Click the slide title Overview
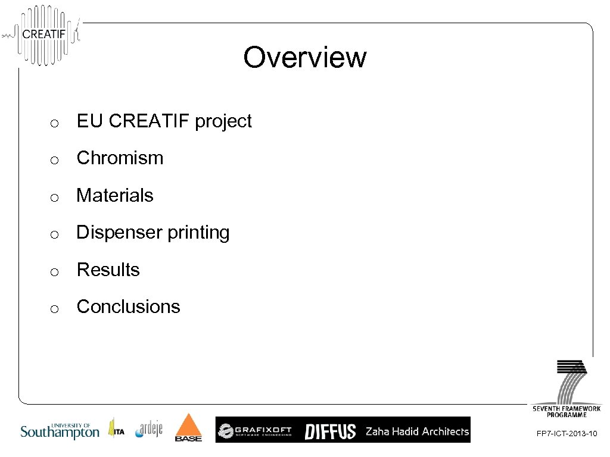click(x=304, y=58)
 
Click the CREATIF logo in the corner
click(x=43, y=34)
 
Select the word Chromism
click(x=120, y=158)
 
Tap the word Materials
click(x=115, y=195)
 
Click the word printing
click(x=198, y=233)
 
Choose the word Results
click(x=108, y=270)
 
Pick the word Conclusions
click(x=128, y=307)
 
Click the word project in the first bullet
click(x=223, y=121)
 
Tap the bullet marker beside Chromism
click(x=54, y=160)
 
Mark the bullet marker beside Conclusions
click(x=54, y=309)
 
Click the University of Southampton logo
click(x=60, y=430)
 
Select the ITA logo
click(x=116, y=429)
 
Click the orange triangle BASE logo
click(x=188, y=428)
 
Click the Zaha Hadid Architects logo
click(x=417, y=431)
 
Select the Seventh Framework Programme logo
click(x=567, y=387)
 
